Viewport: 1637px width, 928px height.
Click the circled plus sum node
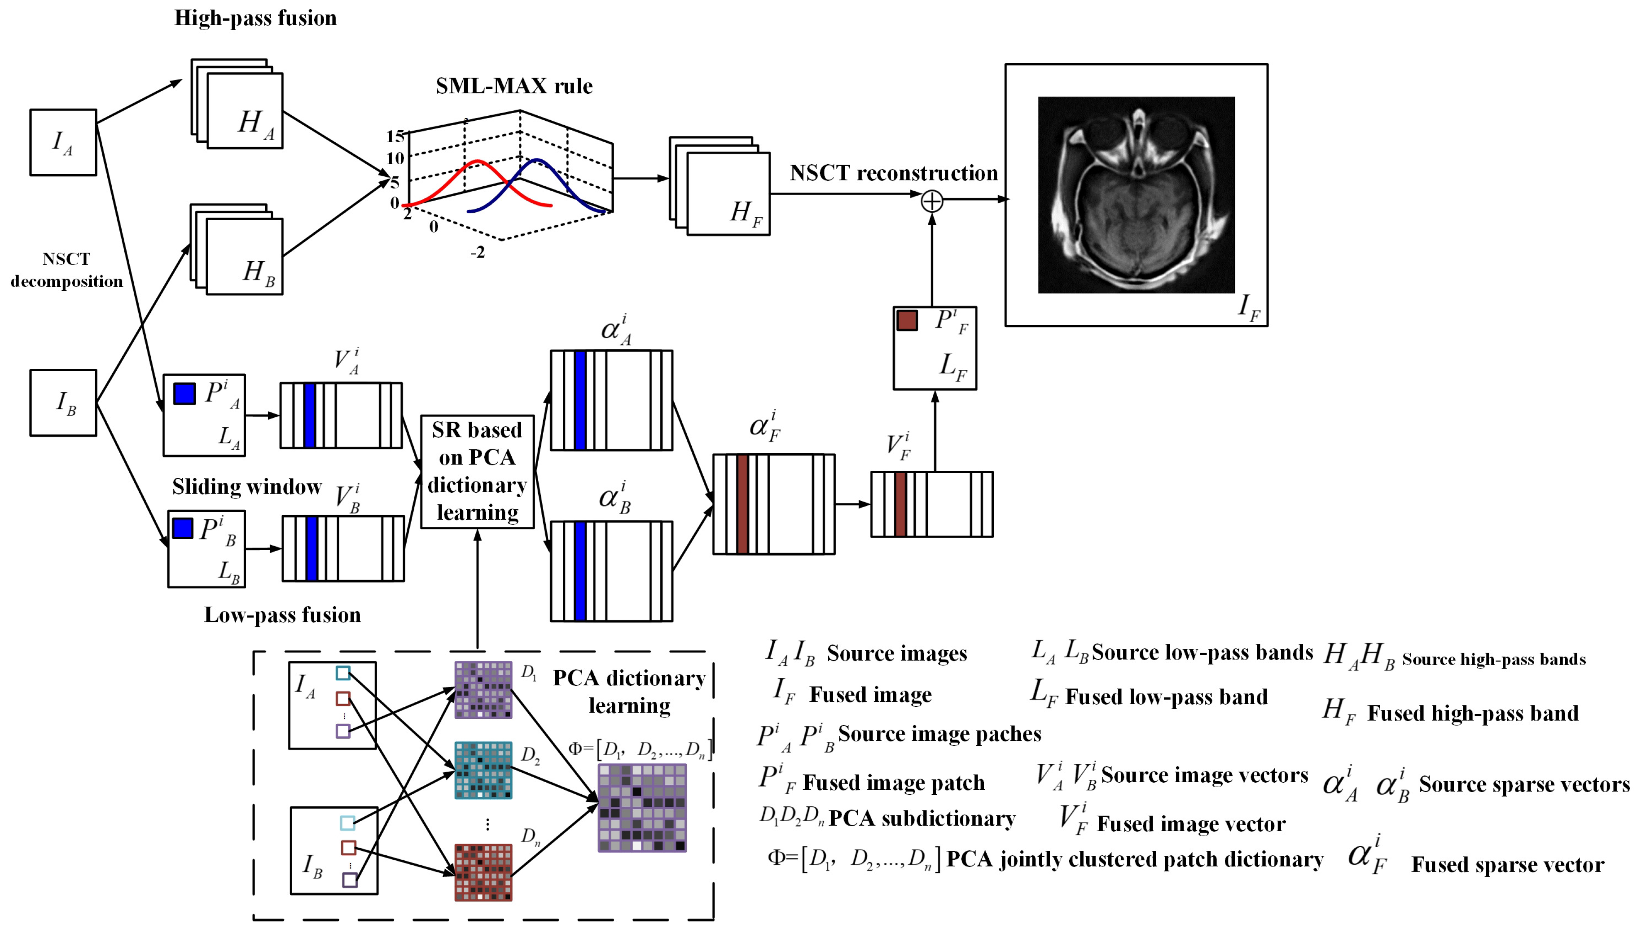point(931,201)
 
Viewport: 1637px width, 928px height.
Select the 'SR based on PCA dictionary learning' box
point(477,472)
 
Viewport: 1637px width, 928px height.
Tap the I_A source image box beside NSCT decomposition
point(63,142)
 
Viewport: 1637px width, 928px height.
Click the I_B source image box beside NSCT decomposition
point(63,403)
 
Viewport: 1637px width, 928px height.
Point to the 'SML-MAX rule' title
point(514,86)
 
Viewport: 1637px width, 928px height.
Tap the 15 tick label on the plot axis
point(395,136)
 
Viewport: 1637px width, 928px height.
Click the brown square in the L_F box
point(907,320)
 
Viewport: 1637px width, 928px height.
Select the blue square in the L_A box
point(185,393)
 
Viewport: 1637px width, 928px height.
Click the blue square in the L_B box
point(183,528)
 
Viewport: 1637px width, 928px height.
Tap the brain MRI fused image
point(1136,195)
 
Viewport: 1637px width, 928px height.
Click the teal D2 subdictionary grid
point(483,770)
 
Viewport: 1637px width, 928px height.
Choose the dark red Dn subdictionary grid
point(483,872)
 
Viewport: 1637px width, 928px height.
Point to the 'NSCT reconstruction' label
point(894,173)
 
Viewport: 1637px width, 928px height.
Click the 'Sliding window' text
point(247,487)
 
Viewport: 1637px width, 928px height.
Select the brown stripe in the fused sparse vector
point(742,504)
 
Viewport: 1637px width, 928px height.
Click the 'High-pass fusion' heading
point(255,18)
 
